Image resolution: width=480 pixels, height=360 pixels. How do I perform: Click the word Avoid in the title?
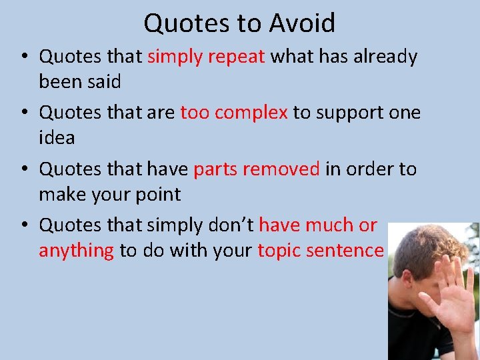point(302,23)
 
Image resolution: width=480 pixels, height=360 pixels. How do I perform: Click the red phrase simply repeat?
point(207,57)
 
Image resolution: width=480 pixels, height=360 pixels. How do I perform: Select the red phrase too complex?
point(234,113)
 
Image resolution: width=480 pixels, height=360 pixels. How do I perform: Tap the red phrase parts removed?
point(257,169)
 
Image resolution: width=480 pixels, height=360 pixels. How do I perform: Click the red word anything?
point(76,251)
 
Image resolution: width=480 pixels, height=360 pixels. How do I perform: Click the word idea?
point(57,138)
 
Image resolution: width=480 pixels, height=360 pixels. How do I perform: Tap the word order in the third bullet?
point(371,169)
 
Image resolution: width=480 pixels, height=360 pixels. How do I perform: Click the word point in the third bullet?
point(157,195)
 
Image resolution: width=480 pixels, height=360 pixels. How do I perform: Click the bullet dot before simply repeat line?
point(25,57)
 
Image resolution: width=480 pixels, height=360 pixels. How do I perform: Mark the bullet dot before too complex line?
point(25,113)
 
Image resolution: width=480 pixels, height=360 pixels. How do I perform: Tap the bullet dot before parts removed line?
point(25,170)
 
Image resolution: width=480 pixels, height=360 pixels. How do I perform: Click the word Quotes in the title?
point(186,23)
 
